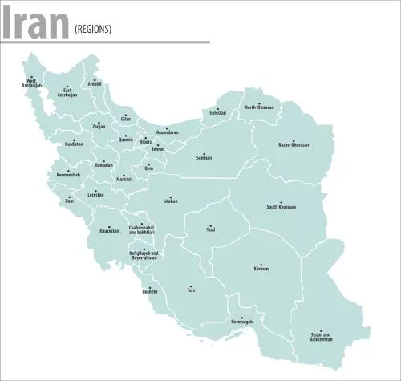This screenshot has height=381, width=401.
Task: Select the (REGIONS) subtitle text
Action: [x=93, y=30]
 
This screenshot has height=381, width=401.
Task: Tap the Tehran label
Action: [x=158, y=149]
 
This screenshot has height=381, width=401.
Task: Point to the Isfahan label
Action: [x=169, y=201]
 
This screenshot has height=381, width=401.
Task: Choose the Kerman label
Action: [x=260, y=270]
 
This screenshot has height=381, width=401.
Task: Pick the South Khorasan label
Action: [x=282, y=207]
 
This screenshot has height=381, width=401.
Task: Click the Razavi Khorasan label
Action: [x=294, y=145]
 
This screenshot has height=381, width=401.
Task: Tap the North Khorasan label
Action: [x=260, y=107]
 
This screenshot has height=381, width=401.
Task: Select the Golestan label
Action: [x=217, y=113]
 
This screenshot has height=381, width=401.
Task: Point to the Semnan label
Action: [x=204, y=158]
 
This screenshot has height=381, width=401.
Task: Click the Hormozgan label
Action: [x=241, y=321]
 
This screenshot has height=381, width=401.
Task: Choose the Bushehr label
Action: [x=149, y=291]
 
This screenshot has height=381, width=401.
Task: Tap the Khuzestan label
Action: [x=109, y=231]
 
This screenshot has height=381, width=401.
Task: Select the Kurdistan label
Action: [x=74, y=144]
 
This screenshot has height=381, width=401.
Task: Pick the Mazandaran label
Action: [x=167, y=132]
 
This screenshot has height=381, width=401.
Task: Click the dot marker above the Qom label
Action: [x=149, y=164]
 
